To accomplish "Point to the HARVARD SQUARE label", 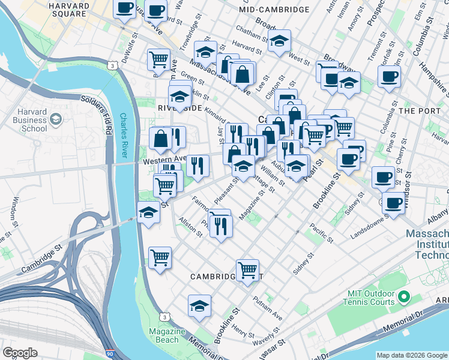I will click(x=68, y=9).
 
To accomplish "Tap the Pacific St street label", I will click(x=321, y=233).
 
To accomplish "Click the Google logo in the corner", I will click(x=20, y=353).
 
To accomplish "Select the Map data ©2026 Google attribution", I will click(x=412, y=355).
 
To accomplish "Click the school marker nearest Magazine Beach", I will click(x=199, y=306).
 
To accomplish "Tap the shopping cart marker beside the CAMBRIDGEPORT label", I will click(x=247, y=270).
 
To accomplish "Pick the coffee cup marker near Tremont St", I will click(x=388, y=76).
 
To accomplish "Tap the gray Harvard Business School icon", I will click(x=56, y=118).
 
